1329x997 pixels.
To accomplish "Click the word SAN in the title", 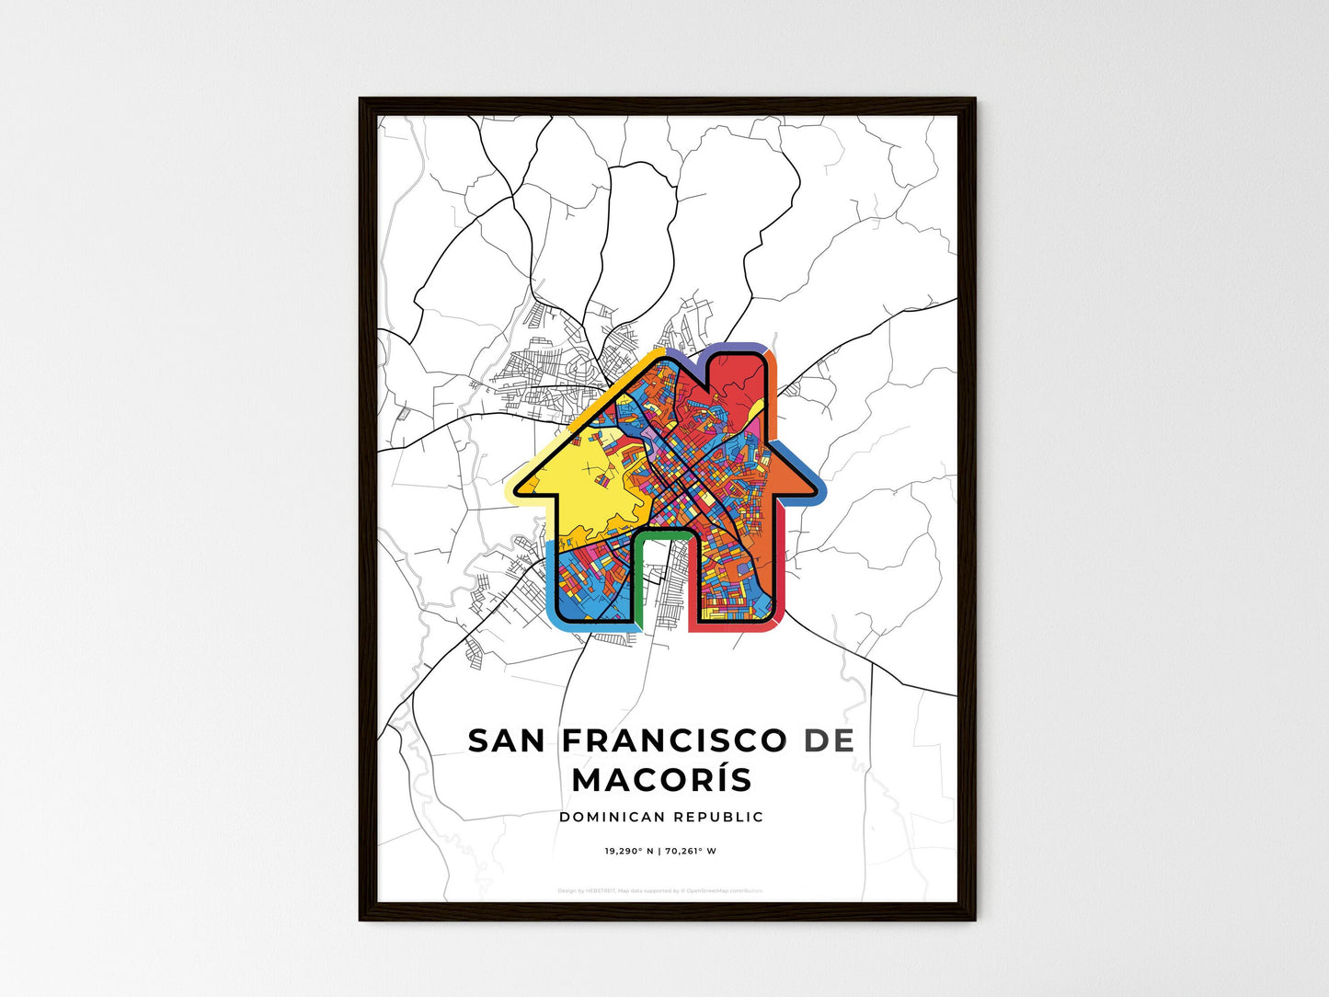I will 504,740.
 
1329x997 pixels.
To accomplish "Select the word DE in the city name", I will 829,740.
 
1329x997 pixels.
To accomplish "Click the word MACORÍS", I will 662,779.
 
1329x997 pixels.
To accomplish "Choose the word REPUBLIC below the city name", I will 718,817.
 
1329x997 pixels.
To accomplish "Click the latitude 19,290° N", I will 628,851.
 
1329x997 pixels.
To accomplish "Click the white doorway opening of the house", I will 662,579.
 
